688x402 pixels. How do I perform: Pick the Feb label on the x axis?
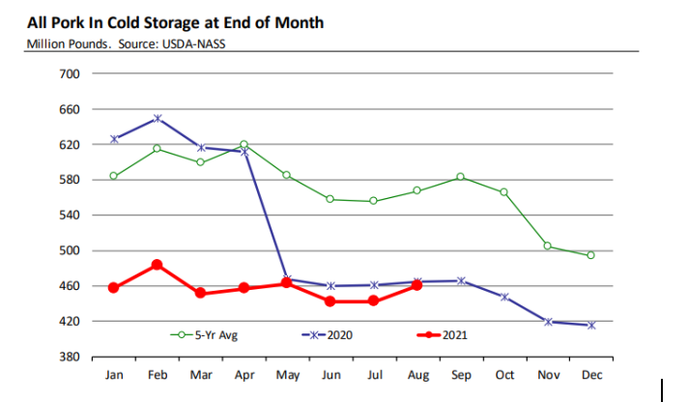pyautogui.click(x=157, y=375)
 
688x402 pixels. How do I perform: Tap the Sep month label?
pyautogui.click(x=460, y=375)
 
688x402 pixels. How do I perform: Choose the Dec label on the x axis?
pyautogui.click(x=590, y=375)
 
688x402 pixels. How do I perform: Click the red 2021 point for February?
pyautogui.click(x=157, y=265)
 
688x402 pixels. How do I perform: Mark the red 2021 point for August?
pyautogui.click(x=417, y=285)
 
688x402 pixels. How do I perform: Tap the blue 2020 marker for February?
pyautogui.click(x=157, y=118)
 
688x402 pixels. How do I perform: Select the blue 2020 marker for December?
pyautogui.click(x=590, y=325)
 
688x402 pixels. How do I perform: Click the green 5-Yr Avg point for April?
pyautogui.click(x=244, y=144)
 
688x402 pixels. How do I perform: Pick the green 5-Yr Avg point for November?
pyautogui.click(x=547, y=245)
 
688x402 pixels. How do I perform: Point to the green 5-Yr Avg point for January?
pyautogui.click(x=113, y=176)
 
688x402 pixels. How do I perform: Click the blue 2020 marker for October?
pyautogui.click(x=503, y=297)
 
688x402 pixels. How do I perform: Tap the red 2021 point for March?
pyautogui.click(x=200, y=293)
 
